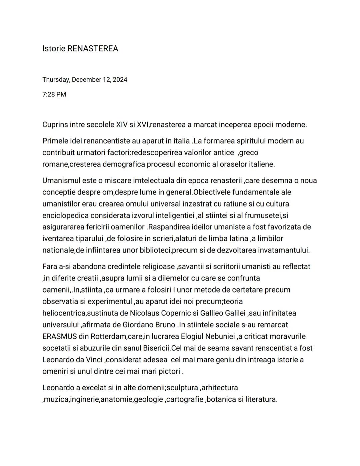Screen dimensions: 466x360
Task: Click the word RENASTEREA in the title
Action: coord(93,49)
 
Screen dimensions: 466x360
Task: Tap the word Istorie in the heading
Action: coord(54,49)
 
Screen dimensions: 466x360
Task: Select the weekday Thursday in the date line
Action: coord(56,80)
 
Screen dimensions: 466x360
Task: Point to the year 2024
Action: coord(120,80)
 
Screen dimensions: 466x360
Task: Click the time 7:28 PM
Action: coord(54,94)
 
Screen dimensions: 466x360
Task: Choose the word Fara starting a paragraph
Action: coord(50,267)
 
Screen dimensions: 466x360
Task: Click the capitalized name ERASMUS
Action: coord(60,337)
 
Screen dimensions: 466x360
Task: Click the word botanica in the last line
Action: coord(221,399)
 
